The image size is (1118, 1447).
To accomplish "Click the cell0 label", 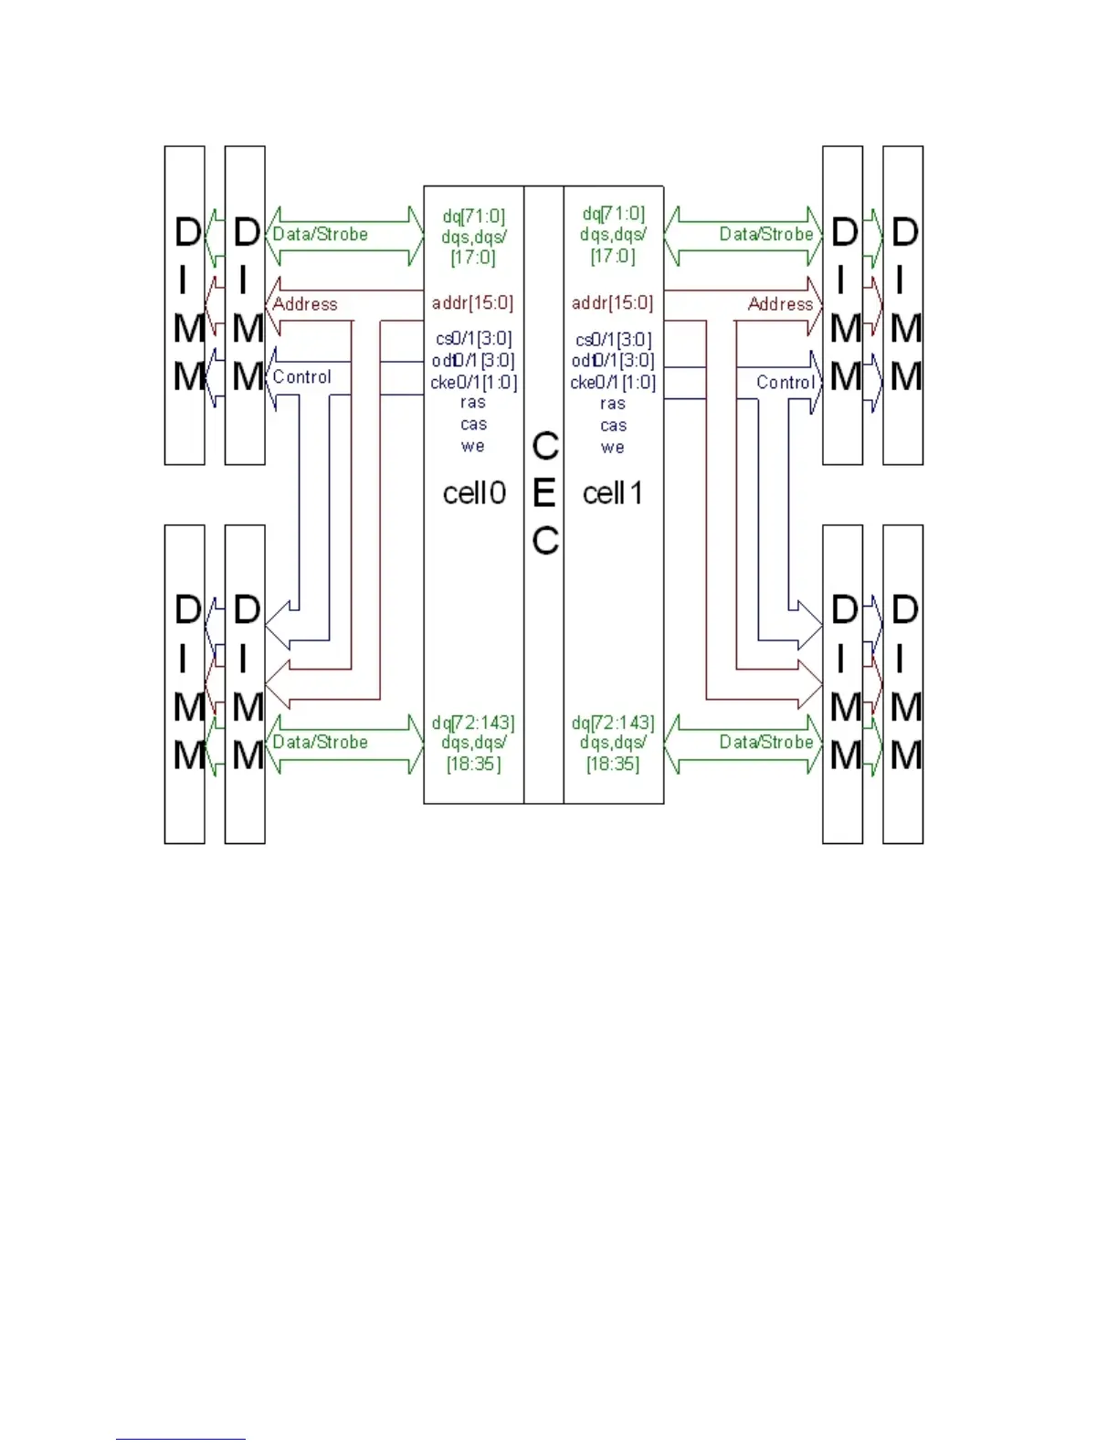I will coord(474,493).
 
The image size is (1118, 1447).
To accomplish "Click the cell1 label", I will coord(613,493).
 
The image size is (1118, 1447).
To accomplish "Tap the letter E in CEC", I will coord(544,494).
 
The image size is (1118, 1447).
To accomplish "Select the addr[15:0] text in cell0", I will coord(472,302).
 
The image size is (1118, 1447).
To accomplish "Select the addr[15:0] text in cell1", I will coord(613,302).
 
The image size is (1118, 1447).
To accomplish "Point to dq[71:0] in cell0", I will coord(473,217).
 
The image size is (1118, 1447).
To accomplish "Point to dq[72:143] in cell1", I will coord(613,723).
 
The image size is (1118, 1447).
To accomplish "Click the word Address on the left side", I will coord(305,304).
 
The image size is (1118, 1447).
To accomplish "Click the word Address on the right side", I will coord(780,304).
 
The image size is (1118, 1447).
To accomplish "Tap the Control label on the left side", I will coord(301,377).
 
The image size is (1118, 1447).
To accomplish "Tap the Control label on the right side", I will coord(785,383).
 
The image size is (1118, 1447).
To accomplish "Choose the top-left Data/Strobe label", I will coord(320,234).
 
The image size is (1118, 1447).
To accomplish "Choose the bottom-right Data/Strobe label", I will coord(765,742).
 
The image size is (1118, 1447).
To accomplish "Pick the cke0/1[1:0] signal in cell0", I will coord(473,382).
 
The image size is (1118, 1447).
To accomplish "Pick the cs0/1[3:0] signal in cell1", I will coord(613,340).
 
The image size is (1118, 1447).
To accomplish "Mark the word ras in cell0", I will coord(473,403).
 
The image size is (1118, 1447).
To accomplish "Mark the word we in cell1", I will coord(613,448).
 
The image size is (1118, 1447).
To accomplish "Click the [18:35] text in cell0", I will coord(473,764).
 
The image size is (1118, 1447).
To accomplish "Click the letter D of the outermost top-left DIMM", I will coord(187,232).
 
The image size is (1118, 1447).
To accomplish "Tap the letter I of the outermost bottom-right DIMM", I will coord(901,658).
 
